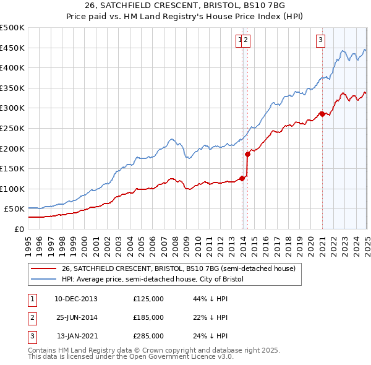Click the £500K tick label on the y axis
click(x=12, y=28)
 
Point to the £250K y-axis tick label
click(x=12, y=128)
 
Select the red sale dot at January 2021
click(x=322, y=114)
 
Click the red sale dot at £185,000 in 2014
click(x=247, y=154)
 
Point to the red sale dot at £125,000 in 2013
click(x=242, y=178)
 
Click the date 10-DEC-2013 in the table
click(x=76, y=299)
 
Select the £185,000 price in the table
click(x=148, y=317)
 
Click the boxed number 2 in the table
click(x=32, y=317)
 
